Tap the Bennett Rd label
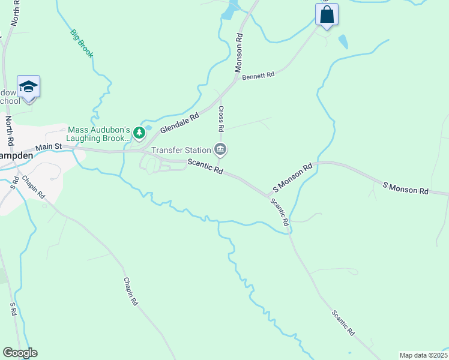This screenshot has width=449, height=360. pyautogui.click(x=258, y=76)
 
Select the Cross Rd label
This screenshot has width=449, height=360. pyautogui.click(x=221, y=119)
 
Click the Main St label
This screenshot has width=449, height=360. pyautogui.click(x=49, y=146)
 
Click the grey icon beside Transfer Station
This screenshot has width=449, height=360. pyautogui.click(x=220, y=149)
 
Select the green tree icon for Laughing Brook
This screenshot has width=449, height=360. pyautogui.click(x=139, y=133)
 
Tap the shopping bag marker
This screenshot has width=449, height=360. pyautogui.click(x=327, y=14)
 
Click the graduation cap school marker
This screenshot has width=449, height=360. pyautogui.click(x=28, y=87)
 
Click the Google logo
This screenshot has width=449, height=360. pyautogui.click(x=20, y=353)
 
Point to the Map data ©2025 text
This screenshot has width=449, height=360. pyautogui.click(x=423, y=355)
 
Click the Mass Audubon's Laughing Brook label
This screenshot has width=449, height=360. pyautogui.click(x=98, y=134)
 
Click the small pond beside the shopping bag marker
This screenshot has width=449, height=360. pyautogui.click(x=342, y=41)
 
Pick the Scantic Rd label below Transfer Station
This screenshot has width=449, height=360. pyautogui.click(x=205, y=167)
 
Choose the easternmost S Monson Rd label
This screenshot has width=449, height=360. pyautogui.click(x=406, y=188)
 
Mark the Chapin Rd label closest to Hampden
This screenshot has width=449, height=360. pyautogui.click(x=33, y=187)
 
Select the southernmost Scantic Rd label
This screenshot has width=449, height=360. pyautogui.click(x=343, y=323)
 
